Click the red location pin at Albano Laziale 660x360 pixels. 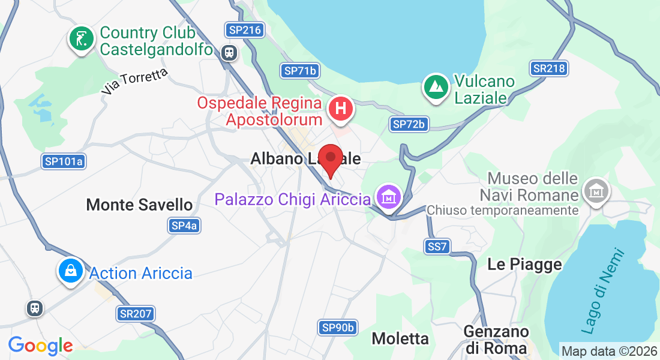[x=330, y=159]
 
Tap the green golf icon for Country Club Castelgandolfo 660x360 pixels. [x=82, y=39]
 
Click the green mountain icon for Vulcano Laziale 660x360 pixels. [x=436, y=86]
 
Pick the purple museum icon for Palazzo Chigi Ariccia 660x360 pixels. [x=389, y=196]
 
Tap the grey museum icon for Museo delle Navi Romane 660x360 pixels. [x=596, y=191]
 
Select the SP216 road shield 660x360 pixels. [x=245, y=30]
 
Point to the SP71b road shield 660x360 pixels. [x=300, y=71]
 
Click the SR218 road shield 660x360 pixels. [x=549, y=68]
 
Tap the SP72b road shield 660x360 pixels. [x=409, y=124]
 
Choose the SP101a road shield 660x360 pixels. [x=64, y=161]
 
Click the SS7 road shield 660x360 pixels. [x=437, y=246]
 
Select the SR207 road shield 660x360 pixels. [x=136, y=313]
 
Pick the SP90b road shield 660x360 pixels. [x=338, y=327]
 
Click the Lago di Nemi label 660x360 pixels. [x=603, y=290]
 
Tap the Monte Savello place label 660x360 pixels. [x=139, y=205]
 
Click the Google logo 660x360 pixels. [x=40, y=346]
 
